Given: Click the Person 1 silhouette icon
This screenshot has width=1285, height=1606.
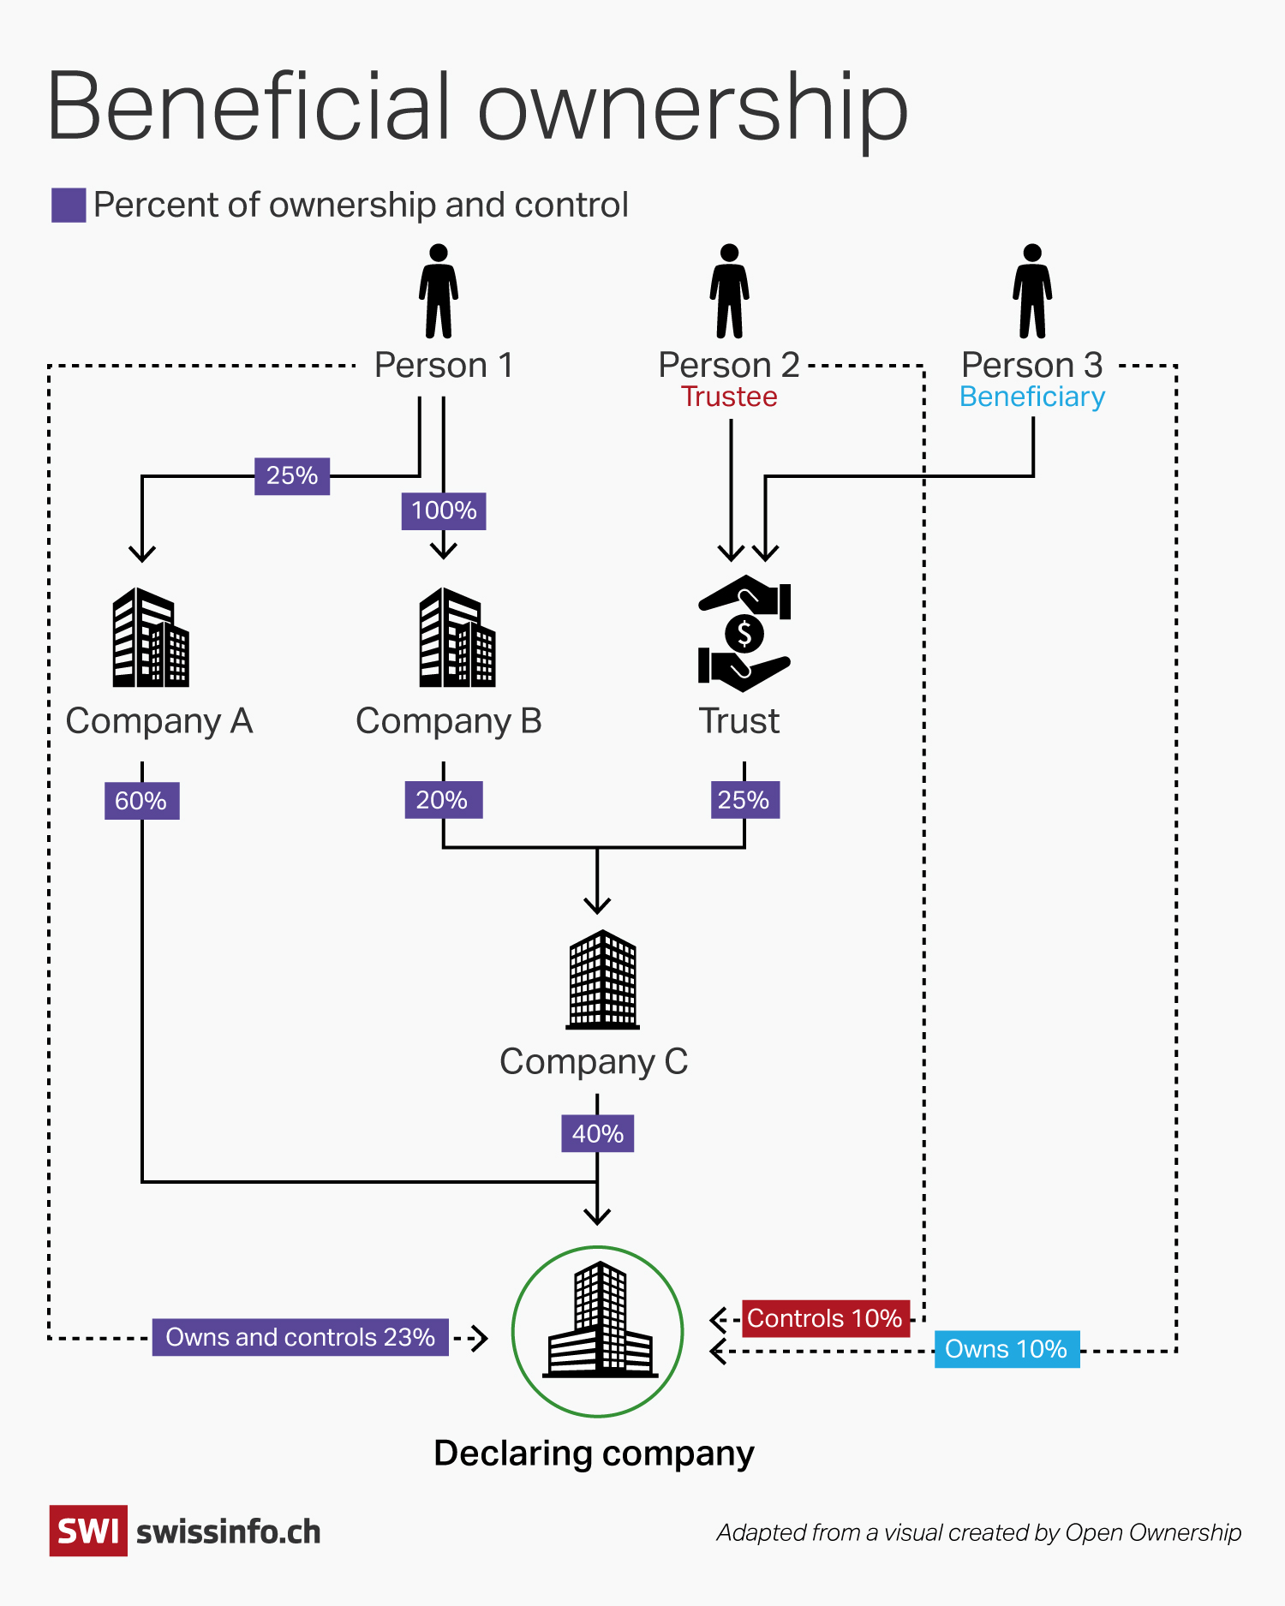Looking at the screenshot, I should pos(439,291).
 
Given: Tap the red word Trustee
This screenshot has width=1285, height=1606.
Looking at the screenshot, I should pos(729,397).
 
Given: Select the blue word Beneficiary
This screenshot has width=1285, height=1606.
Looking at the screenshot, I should pos(1032,397).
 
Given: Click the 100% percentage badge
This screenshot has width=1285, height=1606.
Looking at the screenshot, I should pos(444,510).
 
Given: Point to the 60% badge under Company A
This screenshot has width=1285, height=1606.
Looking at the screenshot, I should pos(141,801).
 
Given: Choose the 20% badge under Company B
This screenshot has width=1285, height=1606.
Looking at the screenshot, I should pos(443,800).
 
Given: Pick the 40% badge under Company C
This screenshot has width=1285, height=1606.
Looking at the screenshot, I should pos(598,1133).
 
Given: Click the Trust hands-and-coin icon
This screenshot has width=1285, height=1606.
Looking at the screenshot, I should pos(744,633).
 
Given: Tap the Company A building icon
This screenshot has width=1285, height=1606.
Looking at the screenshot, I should pos(151,637).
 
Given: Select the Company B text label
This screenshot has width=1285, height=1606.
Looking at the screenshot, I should pos(449,721).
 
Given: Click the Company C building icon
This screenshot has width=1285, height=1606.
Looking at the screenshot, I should pos(603,980).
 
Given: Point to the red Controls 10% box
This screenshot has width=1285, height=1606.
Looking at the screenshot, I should pos(825,1318).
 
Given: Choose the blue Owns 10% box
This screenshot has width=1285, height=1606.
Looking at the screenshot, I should pos(1007,1349).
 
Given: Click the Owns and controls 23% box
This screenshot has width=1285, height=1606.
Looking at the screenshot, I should pos(301,1337).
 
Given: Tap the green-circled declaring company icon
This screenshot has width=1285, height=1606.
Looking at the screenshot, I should pos(598,1331).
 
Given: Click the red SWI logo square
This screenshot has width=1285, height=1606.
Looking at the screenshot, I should pos(88,1531).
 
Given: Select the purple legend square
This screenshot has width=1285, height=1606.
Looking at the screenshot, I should pos(69,206).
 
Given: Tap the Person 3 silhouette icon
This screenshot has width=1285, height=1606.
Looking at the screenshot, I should pos(1032,291).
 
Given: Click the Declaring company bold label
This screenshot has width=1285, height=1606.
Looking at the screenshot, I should pos(594,1454).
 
